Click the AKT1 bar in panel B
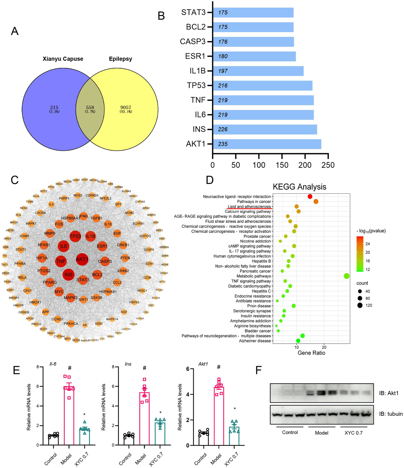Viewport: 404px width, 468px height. click(267, 144)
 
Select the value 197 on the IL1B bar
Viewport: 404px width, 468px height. click(223, 71)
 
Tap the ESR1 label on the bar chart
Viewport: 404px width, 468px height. click(195, 56)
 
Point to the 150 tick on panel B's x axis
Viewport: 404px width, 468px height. click(282, 165)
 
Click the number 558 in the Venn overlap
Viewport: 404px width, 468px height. click(90, 107)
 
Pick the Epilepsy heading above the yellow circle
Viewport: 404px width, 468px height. click(121, 59)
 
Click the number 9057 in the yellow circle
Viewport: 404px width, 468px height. click(126, 107)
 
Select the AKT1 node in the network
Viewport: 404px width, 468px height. click(82, 259)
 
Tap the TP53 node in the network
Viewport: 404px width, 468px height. click(75, 236)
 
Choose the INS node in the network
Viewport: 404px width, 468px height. click(68, 275)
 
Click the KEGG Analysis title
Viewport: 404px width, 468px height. click(300, 187)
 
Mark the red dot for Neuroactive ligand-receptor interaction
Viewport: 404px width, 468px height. click(310, 196)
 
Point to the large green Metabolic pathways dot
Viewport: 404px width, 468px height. click(346, 276)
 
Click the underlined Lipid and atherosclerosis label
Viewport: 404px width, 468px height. click(249, 206)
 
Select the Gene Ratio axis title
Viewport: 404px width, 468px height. click(311, 353)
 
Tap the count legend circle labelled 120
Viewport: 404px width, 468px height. click(360, 305)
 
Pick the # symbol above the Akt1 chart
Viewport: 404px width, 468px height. click(219, 367)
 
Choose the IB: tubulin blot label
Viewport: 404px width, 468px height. click(391, 414)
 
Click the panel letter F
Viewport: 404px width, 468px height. click(259, 370)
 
